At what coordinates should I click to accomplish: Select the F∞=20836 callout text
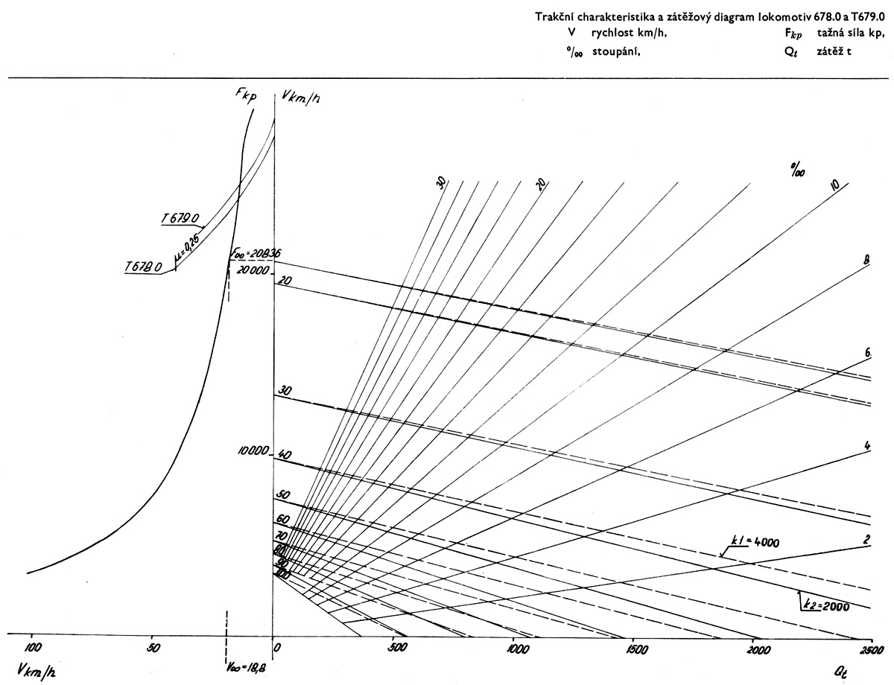253,253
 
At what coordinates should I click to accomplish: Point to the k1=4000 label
755,541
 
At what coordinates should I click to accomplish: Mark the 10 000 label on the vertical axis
252,452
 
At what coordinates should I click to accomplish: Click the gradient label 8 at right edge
866,260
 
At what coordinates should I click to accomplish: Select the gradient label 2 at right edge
867,538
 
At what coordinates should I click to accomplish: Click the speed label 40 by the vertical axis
283,453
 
